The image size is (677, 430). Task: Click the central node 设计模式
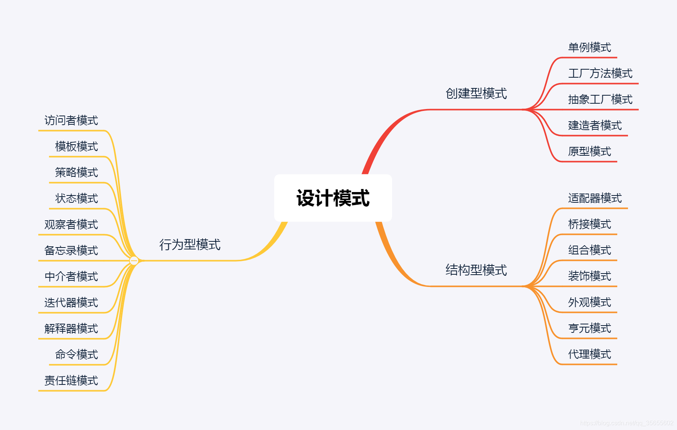point(333,198)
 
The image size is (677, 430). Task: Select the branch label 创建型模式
point(476,93)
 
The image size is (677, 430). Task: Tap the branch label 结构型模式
point(476,270)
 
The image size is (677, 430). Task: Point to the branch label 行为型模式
point(190,244)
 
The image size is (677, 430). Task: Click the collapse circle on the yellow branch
point(134,261)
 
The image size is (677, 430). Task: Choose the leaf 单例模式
point(589,47)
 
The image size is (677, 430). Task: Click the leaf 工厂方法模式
point(600,73)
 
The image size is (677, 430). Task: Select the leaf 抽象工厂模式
point(600,99)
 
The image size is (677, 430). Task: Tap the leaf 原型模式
point(589,151)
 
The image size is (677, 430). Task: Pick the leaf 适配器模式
point(595,198)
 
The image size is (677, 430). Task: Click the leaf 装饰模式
point(589,276)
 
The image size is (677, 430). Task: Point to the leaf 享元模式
point(589,328)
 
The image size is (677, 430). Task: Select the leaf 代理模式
point(589,354)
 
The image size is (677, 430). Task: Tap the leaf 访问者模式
point(71,121)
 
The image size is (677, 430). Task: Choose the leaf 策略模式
point(77,173)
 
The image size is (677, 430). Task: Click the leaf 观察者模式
point(71,225)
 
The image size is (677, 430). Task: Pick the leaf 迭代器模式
point(71,303)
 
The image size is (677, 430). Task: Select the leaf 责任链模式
point(71,381)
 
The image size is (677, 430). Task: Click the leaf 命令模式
point(77,355)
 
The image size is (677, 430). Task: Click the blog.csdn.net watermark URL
point(626,423)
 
